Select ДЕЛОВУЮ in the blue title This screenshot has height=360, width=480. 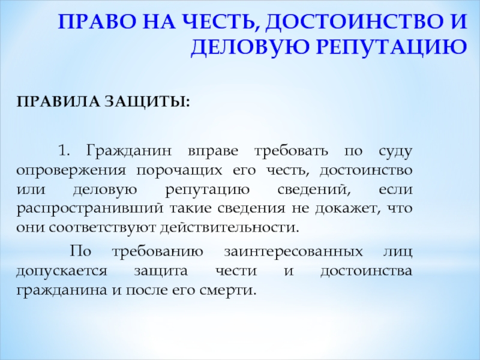pyautogui.click(x=249, y=47)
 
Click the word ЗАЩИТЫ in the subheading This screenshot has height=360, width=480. pyautogui.click(x=147, y=102)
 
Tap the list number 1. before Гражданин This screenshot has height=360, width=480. pyautogui.click(x=64, y=151)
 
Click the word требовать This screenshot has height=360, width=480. pyautogui.click(x=291, y=151)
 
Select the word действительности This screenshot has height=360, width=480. pyautogui.click(x=229, y=227)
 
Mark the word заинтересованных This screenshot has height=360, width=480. pyautogui.click(x=293, y=252)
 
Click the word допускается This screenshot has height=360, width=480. pyautogui.click(x=62, y=272)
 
